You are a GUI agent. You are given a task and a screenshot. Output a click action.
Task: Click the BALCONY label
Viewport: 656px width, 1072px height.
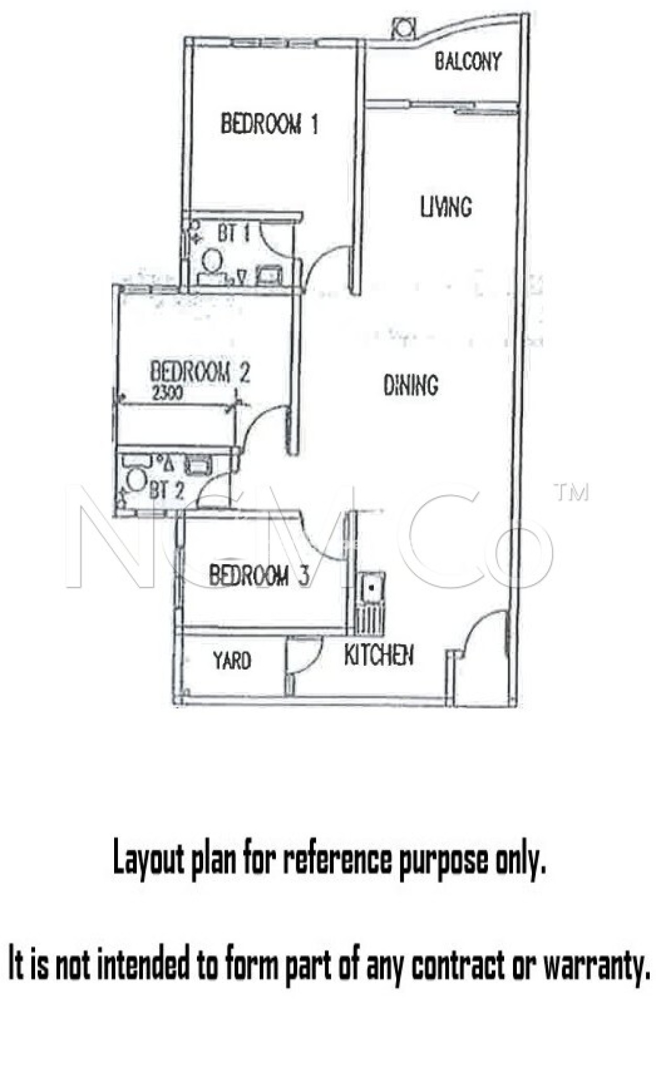[468, 62]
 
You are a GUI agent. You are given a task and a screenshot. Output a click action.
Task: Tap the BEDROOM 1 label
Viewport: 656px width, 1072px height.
[269, 124]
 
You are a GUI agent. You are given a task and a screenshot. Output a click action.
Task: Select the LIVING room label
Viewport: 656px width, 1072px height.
[446, 207]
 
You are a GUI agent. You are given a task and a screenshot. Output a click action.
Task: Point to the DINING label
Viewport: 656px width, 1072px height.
[410, 385]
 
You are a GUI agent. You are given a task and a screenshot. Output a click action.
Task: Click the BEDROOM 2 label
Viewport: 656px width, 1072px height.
[200, 372]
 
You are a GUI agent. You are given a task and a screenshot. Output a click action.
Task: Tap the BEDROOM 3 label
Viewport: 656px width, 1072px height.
[259, 576]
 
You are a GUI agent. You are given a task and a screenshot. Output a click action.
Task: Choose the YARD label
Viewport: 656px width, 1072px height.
[232, 661]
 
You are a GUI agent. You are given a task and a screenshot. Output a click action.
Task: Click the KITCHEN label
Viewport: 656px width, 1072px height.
[379, 655]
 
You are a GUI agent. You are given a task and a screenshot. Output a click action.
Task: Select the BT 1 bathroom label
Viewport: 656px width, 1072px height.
[234, 234]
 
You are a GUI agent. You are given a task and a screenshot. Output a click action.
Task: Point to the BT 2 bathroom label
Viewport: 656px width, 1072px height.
[166, 491]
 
